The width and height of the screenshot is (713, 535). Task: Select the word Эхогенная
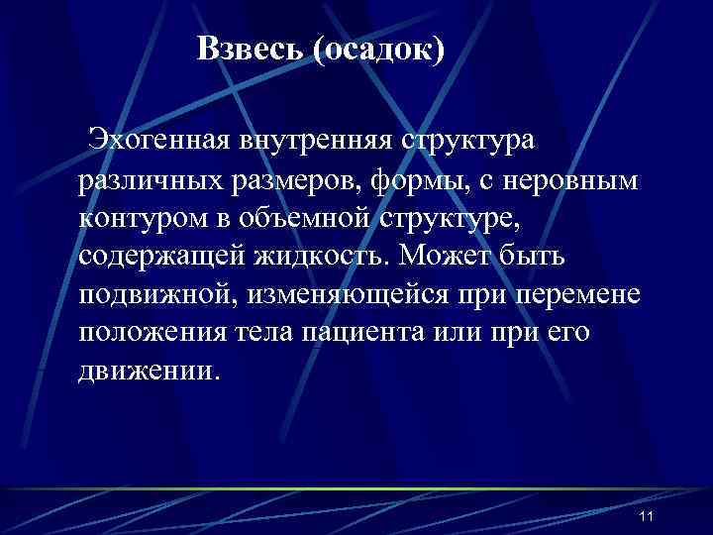pyautogui.click(x=158, y=139)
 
